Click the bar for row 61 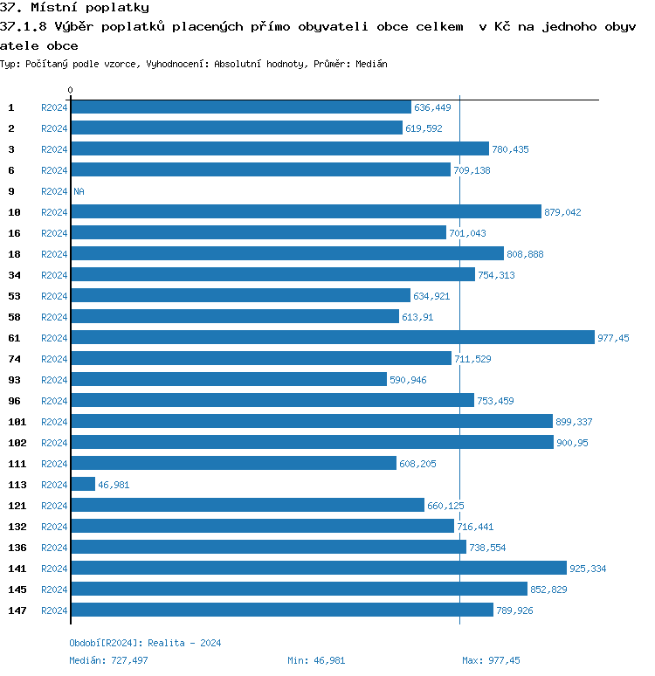[x=332, y=338]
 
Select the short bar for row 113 [x=83, y=485]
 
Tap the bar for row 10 [x=306, y=212]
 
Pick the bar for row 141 [x=318, y=569]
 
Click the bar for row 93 [x=228, y=380]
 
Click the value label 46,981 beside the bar [x=114, y=485]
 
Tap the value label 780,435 [x=510, y=149]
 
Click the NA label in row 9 [x=79, y=191]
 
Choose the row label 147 [x=17, y=610]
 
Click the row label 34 [x=14, y=275]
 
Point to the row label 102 [x=17, y=443]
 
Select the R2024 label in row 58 [x=54, y=317]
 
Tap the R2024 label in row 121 [x=54, y=506]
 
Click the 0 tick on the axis [x=71, y=91]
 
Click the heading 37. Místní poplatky [x=74, y=8]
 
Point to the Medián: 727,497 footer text [x=107, y=660]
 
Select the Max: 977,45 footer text [x=491, y=660]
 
